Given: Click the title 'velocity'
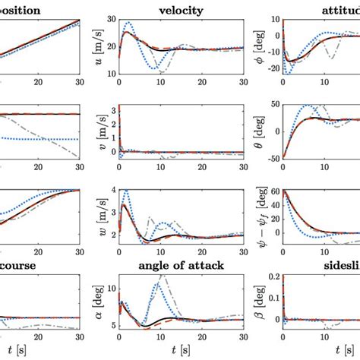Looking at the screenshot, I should tap(181, 10).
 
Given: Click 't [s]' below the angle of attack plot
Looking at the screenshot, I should tap(181, 351).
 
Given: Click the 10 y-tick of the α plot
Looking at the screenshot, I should tap(112, 289).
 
